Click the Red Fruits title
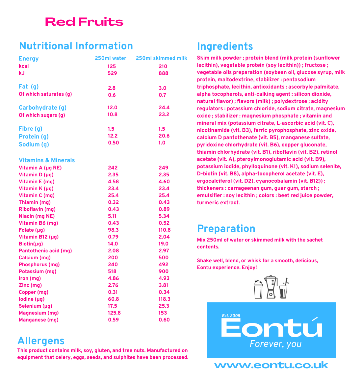tap(84, 22)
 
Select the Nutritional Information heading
tap(76, 46)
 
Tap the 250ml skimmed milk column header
tap(161, 58)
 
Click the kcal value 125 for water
tap(112, 66)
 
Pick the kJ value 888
tap(163, 73)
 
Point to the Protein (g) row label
tap(34, 137)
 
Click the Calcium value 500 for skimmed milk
tap(163, 258)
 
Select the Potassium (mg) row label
tap(38, 271)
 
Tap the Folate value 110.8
tap(165, 230)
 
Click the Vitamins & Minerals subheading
tap(47, 160)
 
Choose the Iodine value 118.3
tap(165, 299)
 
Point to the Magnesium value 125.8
tap(114, 313)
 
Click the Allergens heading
tap(41, 341)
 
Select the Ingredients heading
tap(225, 46)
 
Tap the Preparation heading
tap(226, 229)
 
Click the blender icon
tap(271, 287)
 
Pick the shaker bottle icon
tap(258, 289)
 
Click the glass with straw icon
tap(284, 289)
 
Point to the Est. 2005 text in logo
tap(231, 316)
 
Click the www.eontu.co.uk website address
tap(271, 365)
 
